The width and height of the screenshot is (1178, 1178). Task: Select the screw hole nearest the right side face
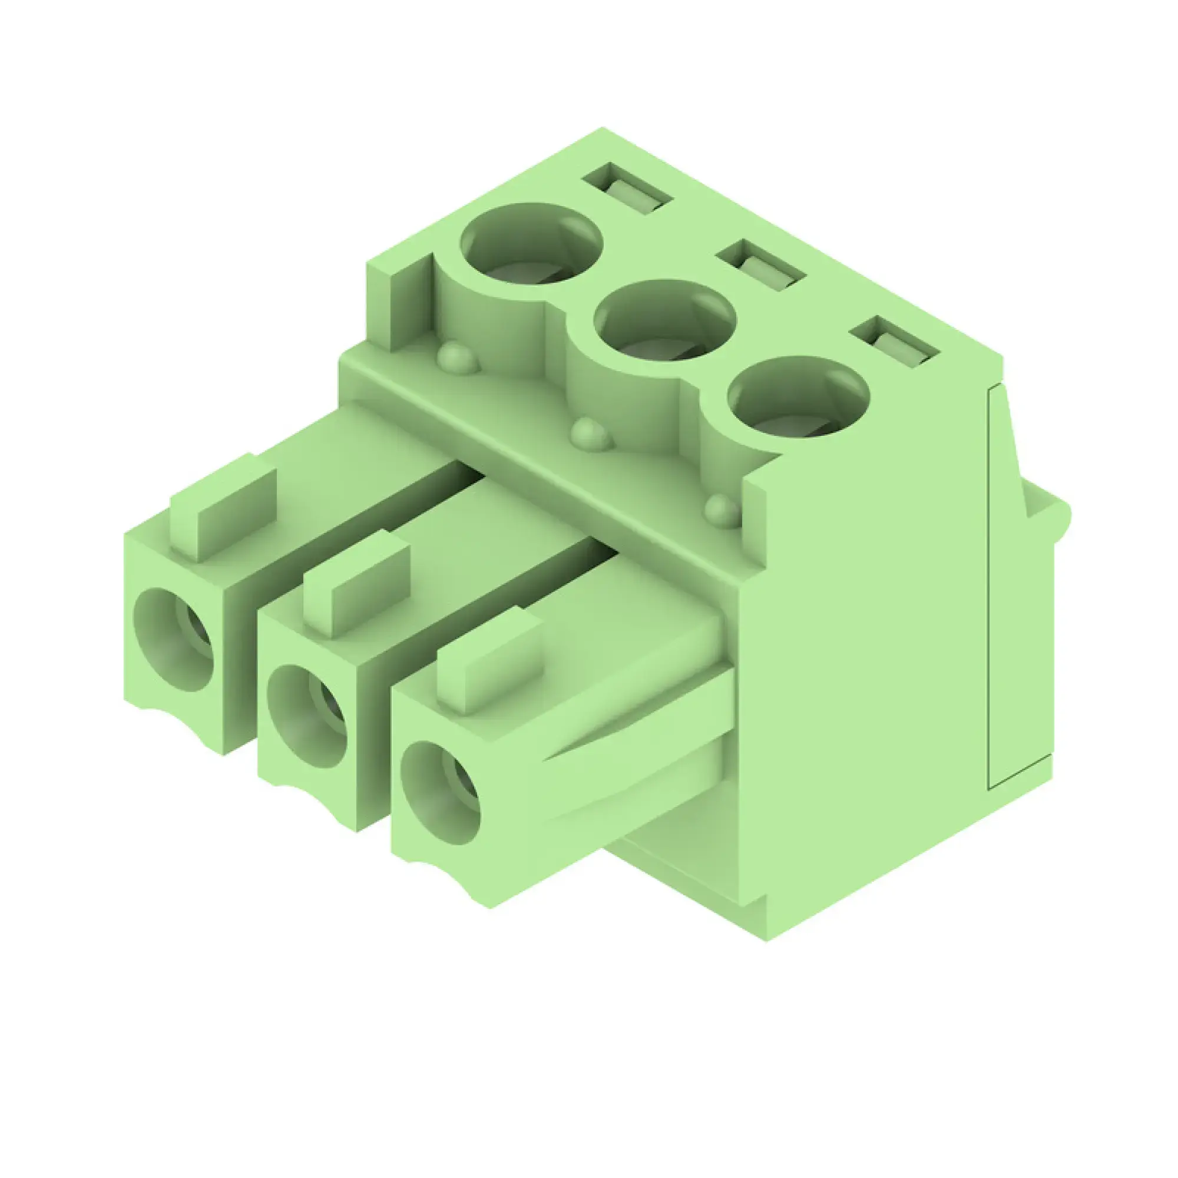[x=798, y=399]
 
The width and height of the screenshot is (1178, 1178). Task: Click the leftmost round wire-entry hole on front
[x=174, y=640]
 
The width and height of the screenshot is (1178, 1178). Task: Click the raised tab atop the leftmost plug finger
[x=223, y=509]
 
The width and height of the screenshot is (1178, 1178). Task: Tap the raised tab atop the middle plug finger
[x=357, y=585]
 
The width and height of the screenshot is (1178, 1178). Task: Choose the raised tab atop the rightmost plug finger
[x=490, y=661]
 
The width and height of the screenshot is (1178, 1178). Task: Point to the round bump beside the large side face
[x=723, y=511]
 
